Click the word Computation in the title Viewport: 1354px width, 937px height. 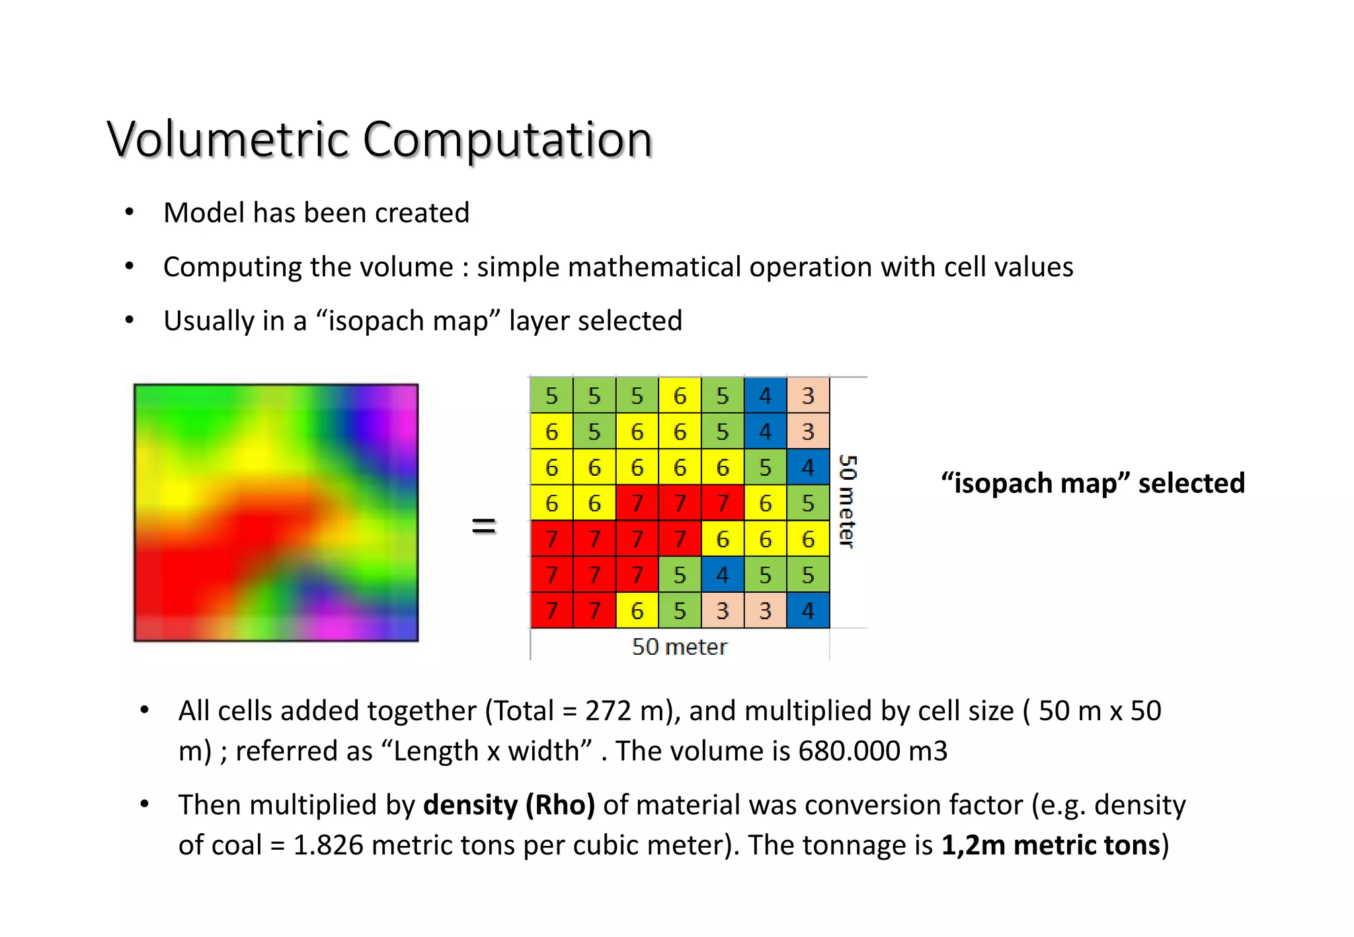507,140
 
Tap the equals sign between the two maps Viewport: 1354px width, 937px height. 483,526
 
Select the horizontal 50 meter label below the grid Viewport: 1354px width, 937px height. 679,646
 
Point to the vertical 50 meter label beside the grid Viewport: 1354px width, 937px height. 847,502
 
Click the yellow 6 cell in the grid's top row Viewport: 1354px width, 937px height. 680,395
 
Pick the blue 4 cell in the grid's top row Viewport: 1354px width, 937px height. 765,395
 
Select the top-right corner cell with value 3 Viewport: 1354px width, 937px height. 808,395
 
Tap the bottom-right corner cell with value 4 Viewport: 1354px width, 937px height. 808,610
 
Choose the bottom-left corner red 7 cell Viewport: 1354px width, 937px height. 551,610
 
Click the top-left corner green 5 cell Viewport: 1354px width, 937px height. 551,395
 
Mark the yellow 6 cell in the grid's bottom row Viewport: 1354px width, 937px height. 637,610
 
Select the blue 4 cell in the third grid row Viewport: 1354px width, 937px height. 808,467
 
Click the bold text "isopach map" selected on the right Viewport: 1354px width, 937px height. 1092,483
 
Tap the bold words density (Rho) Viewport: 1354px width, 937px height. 509,805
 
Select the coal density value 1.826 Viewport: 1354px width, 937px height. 328,845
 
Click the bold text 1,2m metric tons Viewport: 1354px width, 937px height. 1051,845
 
